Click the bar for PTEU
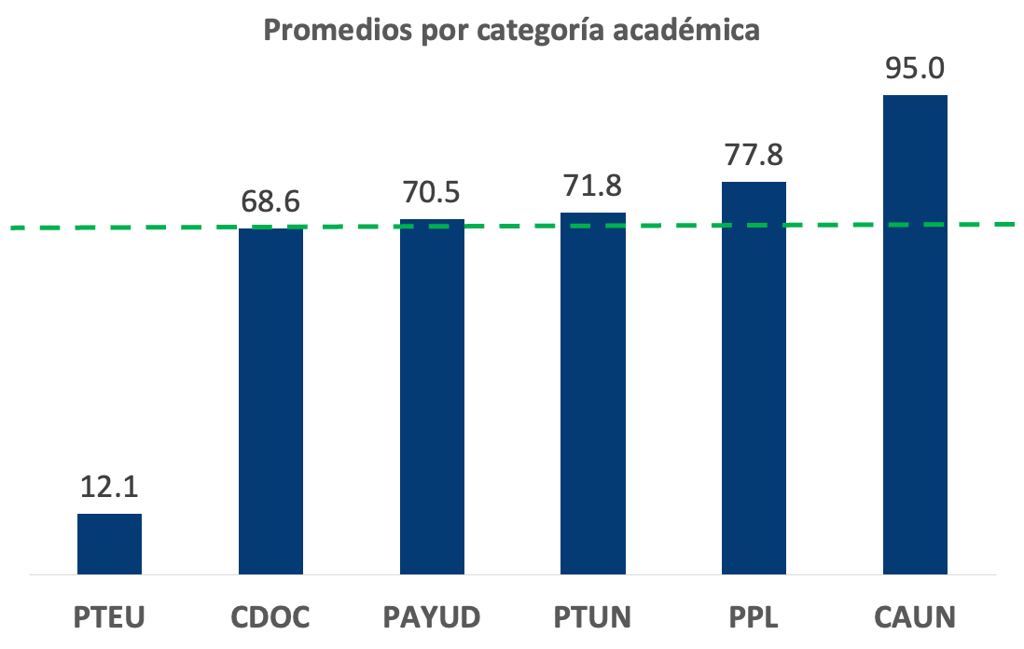coord(109,544)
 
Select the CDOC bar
coord(270,401)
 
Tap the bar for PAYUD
coord(432,397)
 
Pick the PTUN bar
coord(593,394)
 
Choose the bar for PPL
coord(754,378)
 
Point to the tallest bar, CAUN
coord(915,335)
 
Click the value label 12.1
coord(109,488)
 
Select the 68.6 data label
coord(270,201)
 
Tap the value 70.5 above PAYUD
coord(432,193)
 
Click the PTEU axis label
coord(110,617)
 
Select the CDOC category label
coord(270,617)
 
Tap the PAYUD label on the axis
coord(432,617)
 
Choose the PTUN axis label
coord(593,617)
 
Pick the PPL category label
coord(754,617)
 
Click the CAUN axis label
coord(915,617)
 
